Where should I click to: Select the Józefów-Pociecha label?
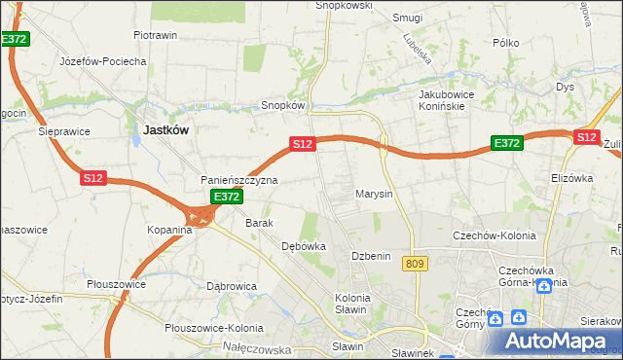coord(103,61)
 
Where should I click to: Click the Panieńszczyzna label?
coord(239,181)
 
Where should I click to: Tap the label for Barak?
coord(260,223)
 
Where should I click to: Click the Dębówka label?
coord(304,246)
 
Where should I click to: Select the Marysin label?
coord(374,194)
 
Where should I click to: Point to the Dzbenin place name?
coord(371,256)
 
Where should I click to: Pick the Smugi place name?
coord(407,18)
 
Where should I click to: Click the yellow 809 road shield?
coord(416,265)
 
